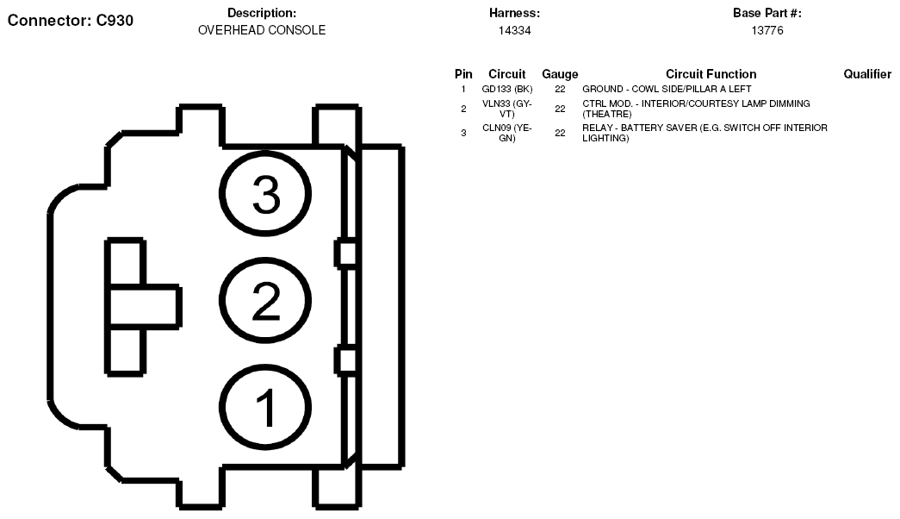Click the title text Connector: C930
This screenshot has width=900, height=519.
[70, 21]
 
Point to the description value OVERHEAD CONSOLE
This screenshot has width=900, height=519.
[262, 30]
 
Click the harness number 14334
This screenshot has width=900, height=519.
[514, 30]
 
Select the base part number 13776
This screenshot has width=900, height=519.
[767, 30]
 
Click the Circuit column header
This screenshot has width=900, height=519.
[506, 74]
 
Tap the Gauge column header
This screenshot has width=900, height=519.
[560, 74]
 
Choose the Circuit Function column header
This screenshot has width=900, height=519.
[711, 74]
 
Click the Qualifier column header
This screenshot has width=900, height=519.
[867, 74]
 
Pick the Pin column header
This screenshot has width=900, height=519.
[463, 74]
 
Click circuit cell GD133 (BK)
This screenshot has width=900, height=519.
[506, 89]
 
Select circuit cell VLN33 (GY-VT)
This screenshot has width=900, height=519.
[506, 109]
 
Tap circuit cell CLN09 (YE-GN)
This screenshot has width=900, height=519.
[506, 133]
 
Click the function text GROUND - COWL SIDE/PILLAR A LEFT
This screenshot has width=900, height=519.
[667, 89]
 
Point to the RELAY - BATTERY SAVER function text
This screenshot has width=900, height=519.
[704, 133]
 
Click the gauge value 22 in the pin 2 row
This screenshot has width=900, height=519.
[560, 109]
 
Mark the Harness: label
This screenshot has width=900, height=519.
[514, 13]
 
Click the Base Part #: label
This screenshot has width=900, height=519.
[767, 13]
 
